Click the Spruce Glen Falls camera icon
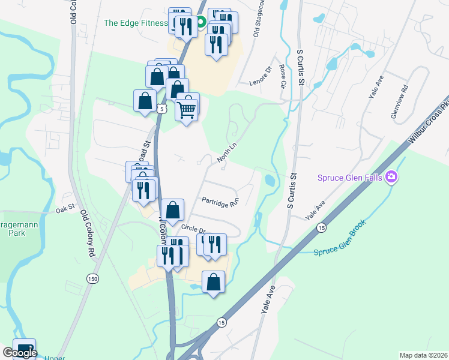392,176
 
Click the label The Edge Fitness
136,23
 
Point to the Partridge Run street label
220,202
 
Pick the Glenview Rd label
400,101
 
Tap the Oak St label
64,209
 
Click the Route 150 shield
92,279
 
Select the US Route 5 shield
160,109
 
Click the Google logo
19,353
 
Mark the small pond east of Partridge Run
269,179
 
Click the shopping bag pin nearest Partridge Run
172,211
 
